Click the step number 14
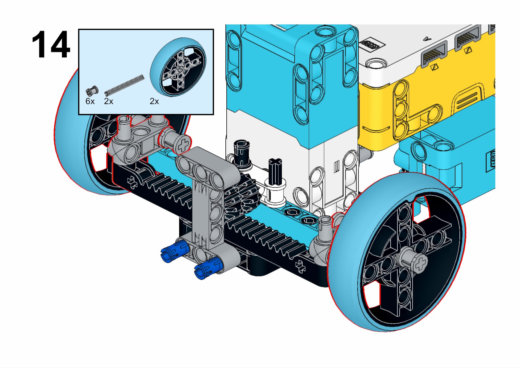(x=51, y=45)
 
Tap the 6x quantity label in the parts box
(x=90, y=101)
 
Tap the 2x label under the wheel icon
(x=154, y=101)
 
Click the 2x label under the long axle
(x=108, y=101)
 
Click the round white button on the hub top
(x=375, y=63)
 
